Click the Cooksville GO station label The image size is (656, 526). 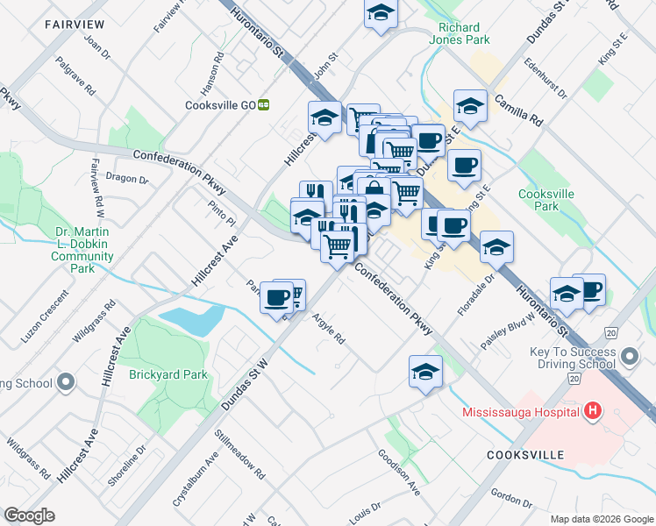[220, 104]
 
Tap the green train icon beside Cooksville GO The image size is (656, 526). [263, 104]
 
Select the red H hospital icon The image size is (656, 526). [594, 410]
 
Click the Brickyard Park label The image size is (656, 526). [168, 374]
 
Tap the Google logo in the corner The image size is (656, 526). [29, 515]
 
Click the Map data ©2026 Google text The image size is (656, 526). [601, 519]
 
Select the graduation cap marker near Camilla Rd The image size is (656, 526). [470, 107]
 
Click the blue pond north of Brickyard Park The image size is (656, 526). [192, 320]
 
